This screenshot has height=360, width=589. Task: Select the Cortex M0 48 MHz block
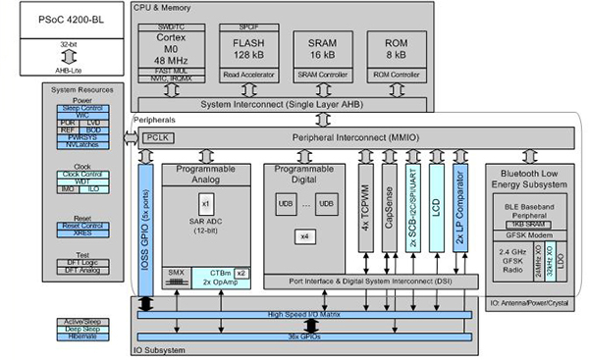coord(170,51)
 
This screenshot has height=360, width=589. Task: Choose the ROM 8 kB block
coord(396,51)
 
